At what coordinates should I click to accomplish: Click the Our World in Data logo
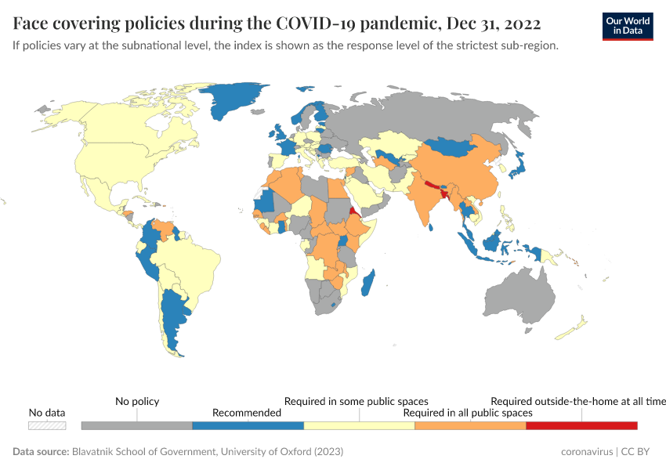point(627,26)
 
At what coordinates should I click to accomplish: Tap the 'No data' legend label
point(47,412)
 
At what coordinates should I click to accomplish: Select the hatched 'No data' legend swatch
point(47,425)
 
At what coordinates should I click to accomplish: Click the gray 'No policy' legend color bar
point(136,425)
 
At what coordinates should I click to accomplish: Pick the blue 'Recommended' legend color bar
point(248,425)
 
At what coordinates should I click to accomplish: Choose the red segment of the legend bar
point(581,425)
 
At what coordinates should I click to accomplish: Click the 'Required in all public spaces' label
point(468,412)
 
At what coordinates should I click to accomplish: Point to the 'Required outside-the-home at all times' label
point(578,401)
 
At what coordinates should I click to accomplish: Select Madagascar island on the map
point(369,283)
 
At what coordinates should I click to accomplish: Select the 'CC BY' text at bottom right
point(639,452)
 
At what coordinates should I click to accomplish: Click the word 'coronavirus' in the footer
point(587,452)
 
